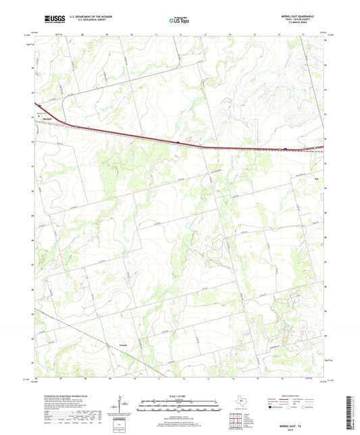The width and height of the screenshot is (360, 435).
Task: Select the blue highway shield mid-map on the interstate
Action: point(177,143)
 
